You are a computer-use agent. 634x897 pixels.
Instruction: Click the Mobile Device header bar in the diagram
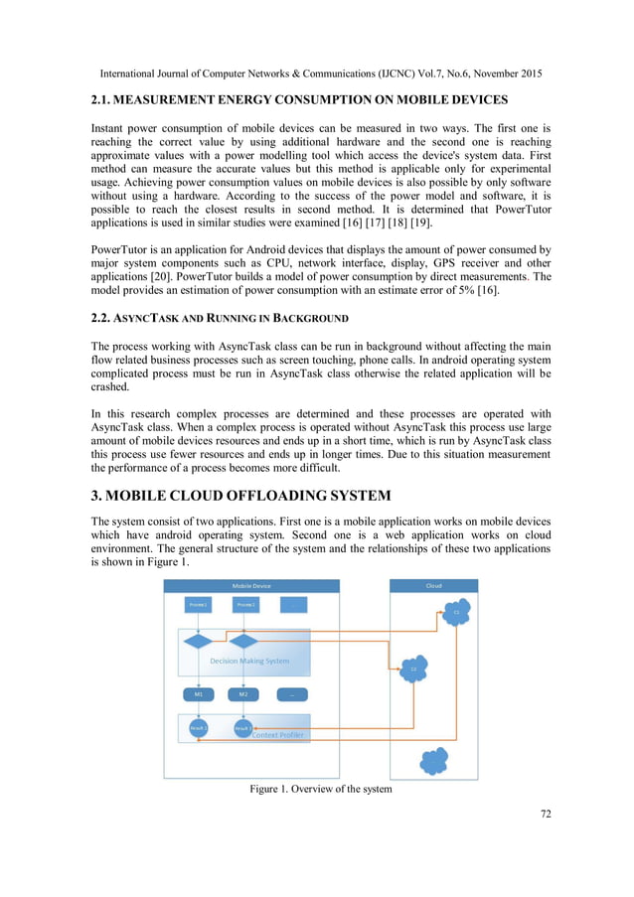click(x=251, y=586)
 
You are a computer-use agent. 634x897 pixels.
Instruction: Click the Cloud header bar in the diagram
click(x=433, y=586)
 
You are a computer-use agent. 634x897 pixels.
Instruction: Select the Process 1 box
click(x=199, y=604)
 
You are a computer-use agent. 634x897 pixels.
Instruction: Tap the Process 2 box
click(x=244, y=604)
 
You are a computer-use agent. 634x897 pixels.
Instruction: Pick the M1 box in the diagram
click(x=199, y=693)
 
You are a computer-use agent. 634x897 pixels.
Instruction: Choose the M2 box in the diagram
click(x=243, y=693)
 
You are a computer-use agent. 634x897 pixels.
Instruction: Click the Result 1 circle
click(x=198, y=728)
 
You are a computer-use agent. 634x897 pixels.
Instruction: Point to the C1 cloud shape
click(x=456, y=613)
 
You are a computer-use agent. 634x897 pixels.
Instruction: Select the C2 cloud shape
click(x=413, y=669)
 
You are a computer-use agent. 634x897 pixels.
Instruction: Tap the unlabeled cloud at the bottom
click(x=434, y=761)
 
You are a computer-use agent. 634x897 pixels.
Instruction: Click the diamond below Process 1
click(x=199, y=642)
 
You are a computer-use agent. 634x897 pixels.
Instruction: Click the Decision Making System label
click(x=250, y=660)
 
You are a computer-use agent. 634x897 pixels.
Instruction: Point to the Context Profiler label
click(x=278, y=736)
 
